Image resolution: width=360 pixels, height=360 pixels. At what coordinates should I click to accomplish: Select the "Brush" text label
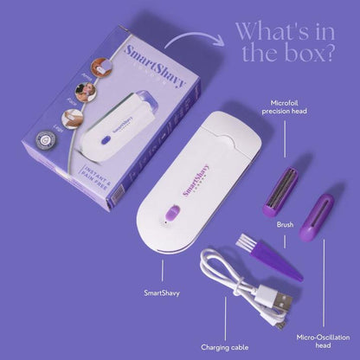285,223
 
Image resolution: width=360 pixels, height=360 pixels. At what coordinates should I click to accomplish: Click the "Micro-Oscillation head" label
322,339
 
